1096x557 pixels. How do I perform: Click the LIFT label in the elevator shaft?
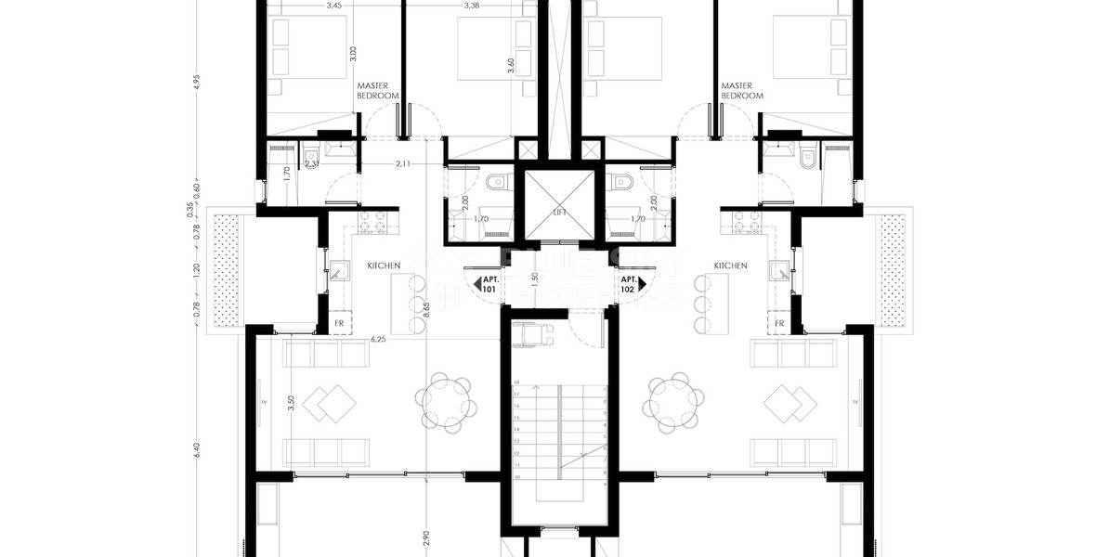(x=559, y=213)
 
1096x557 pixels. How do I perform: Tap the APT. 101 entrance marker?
(x=489, y=284)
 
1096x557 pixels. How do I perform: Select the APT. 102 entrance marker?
(x=630, y=284)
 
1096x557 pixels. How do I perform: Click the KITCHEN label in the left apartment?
(x=384, y=266)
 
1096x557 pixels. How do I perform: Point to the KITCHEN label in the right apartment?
(x=730, y=266)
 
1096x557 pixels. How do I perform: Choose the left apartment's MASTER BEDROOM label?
(x=378, y=90)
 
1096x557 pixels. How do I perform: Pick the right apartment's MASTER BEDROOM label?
(x=742, y=90)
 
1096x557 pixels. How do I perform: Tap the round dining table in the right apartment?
(x=671, y=402)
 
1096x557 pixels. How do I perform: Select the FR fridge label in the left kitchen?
(x=339, y=324)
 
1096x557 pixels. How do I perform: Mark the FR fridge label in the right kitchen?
(x=779, y=324)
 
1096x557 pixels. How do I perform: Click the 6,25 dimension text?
(x=378, y=340)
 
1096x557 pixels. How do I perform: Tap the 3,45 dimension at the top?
(x=335, y=6)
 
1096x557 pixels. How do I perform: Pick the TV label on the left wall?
(x=265, y=402)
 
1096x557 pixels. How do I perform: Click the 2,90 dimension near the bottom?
(x=426, y=536)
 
